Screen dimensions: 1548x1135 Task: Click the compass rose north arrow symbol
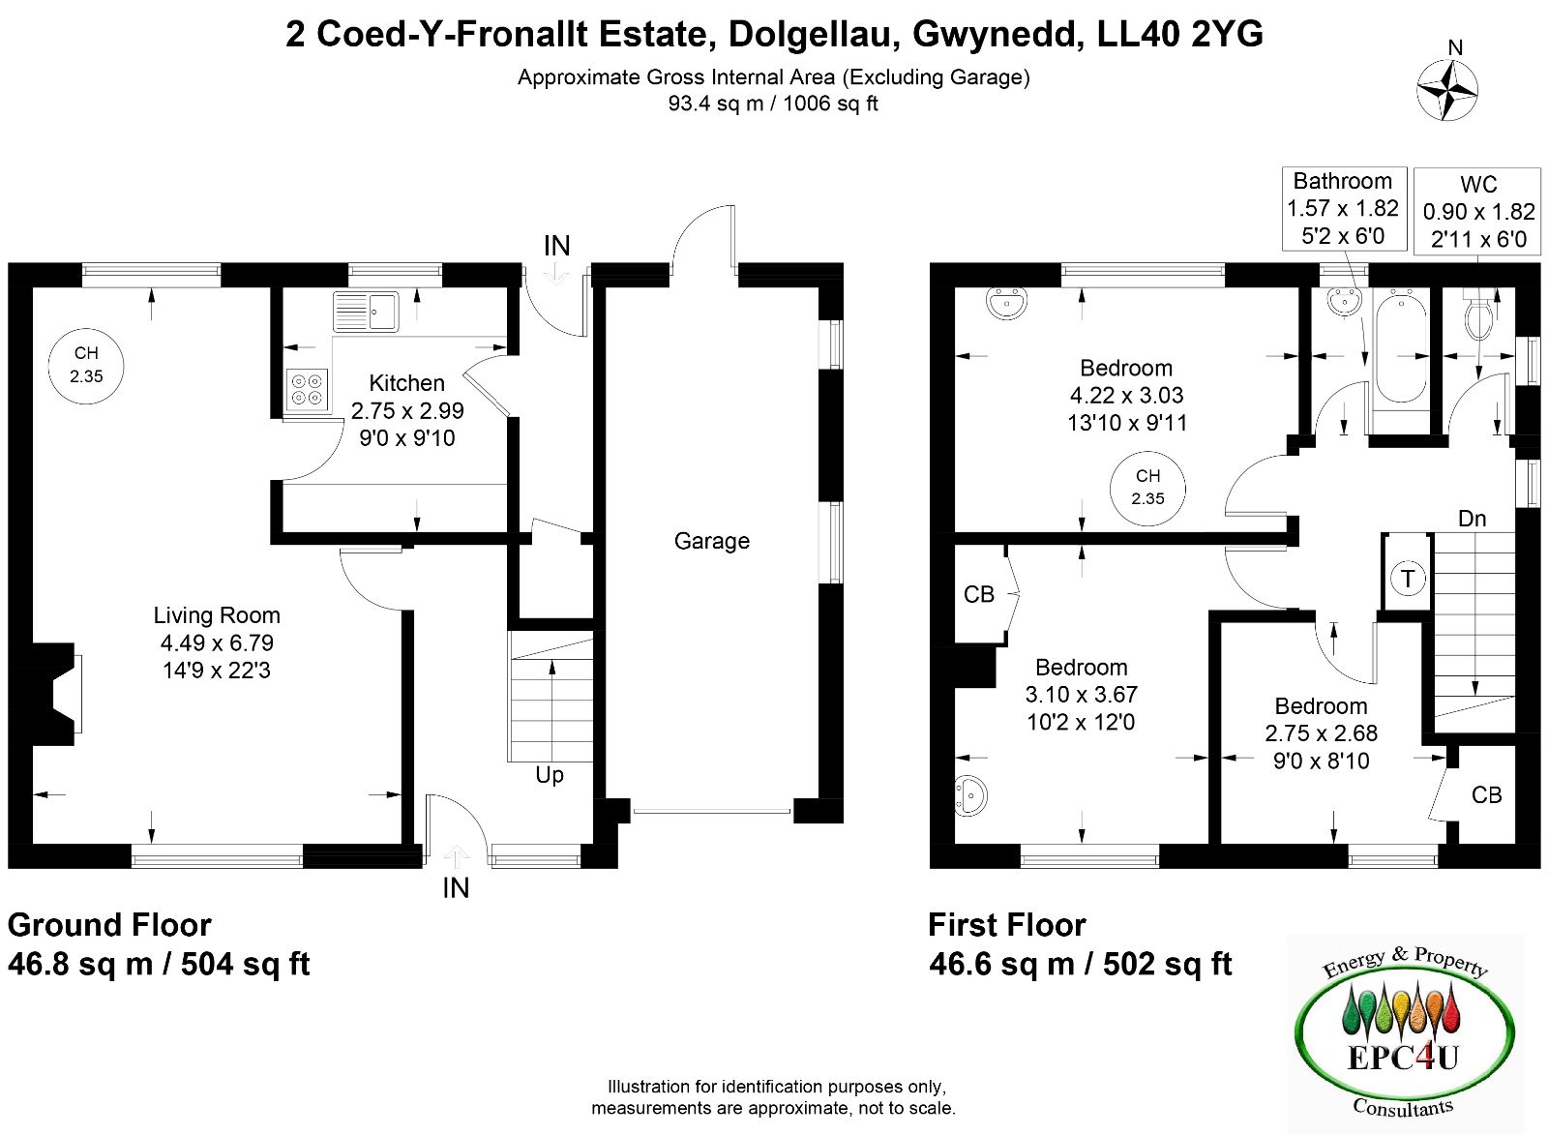tap(1447, 91)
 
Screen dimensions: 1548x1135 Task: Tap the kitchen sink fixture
tap(366, 311)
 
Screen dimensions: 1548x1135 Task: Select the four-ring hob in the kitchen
tap(307, 389)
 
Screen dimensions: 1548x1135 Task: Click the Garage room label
tap(712, 541)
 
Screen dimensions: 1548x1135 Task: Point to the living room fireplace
tap(53, 694)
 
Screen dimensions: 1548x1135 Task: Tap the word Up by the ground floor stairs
tap(550, 776)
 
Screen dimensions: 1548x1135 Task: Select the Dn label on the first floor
tap(1472, 519)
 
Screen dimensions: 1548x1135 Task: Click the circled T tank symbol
tap(1408, 578)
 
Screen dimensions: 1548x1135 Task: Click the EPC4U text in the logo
tap(1403, 1058)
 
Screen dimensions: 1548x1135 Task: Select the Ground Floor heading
tap(109, 925)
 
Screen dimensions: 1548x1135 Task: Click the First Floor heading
tap(1007, 925)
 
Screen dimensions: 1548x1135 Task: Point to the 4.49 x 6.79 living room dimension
tap(217, 642)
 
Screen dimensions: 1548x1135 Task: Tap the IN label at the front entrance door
tap(456, 888)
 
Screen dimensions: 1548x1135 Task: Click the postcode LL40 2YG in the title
tap(1180, 34)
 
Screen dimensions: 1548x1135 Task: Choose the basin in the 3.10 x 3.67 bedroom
tap(970, 794)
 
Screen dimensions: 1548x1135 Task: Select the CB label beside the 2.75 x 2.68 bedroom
tap(1486, 795)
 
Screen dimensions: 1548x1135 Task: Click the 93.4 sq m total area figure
tap(715, 104)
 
